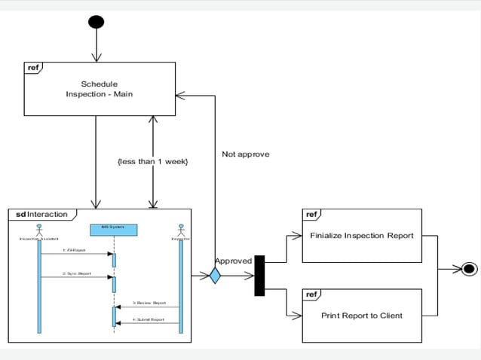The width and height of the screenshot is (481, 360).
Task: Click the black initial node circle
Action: click(96, 21)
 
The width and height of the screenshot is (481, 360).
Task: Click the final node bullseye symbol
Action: click(468, 269)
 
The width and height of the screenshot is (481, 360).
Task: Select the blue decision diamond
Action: click(215, 276)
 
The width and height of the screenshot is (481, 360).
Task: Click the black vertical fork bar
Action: click(259, 276)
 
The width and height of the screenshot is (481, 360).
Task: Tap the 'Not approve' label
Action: click(245, 154)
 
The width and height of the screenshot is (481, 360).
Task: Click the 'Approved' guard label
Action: click(233, 261)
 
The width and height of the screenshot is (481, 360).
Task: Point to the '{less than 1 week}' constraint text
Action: click(153, 161)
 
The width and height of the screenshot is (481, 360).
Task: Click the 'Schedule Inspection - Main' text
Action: click(100, 89)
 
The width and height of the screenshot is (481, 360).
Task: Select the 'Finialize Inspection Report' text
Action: click(362, 235)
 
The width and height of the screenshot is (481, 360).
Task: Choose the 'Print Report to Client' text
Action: click(362, 316)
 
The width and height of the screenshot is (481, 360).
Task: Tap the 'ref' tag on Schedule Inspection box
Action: click(33, 68)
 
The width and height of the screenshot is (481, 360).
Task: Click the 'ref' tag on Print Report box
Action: click(311, 294)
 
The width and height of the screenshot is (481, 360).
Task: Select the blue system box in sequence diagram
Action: click(113, 229)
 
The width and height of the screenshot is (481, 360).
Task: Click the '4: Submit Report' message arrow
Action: click(147, 324)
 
